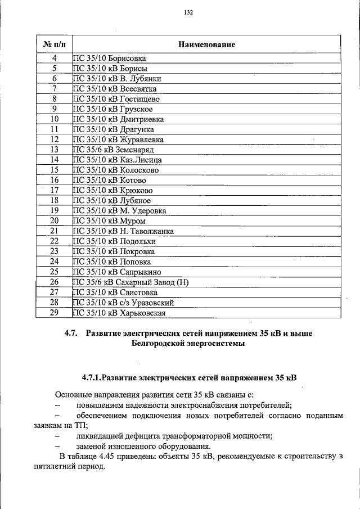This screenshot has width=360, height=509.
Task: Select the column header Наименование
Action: (x=206, y=44)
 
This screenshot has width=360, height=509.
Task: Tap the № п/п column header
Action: (x=55, y=44)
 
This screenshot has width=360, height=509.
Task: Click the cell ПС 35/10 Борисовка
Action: (x=109, y=58)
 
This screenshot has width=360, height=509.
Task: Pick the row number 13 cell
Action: (x=55, y=150)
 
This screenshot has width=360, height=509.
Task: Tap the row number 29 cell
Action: (x=55, y=312)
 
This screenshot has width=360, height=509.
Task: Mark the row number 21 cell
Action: (x=55, y=231)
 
